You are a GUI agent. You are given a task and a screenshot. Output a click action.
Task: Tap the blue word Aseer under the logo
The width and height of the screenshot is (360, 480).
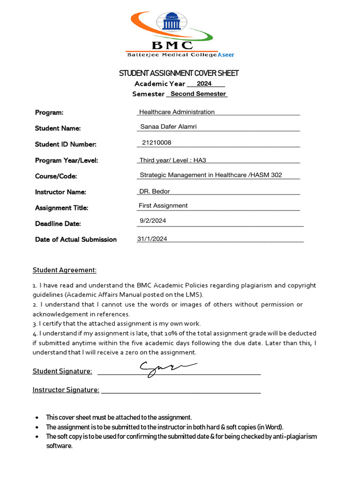click(226, 55)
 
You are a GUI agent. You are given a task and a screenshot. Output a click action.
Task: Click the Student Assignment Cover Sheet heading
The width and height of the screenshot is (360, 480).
click(179, 73)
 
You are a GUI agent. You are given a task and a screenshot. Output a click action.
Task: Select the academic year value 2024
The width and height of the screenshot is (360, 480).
click(204, 84)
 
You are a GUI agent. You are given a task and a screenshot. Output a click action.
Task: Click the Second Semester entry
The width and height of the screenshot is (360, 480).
click(198, 94)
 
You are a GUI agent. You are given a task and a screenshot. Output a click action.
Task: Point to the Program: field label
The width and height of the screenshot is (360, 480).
click(49, 112)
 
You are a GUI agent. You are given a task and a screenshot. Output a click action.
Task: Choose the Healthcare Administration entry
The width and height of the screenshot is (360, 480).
click(177, 112)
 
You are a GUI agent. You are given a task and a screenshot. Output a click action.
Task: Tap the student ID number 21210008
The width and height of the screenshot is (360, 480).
click(157, 142)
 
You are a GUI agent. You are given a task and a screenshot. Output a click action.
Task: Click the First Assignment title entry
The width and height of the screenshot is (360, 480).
click(163, 205)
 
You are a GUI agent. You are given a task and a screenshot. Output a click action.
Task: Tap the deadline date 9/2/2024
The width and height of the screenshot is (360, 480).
click(153, 221)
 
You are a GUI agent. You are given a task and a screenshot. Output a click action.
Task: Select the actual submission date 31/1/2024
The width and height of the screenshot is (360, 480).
click(152, 239)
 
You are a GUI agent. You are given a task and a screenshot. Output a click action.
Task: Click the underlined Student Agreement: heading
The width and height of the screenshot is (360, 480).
click(64, 270)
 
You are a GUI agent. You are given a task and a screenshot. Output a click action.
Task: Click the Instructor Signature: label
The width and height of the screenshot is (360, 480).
click(66, 390)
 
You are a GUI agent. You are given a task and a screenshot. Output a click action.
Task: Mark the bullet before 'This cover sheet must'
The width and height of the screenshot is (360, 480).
click(37, 418)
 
